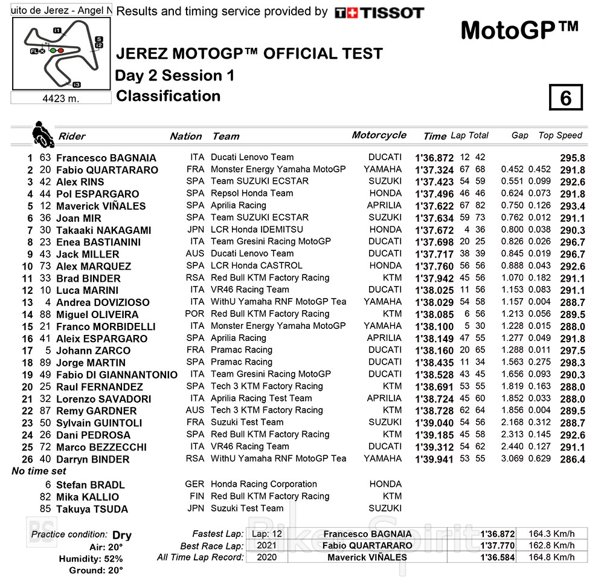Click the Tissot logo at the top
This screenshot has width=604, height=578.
[x=379, y=13]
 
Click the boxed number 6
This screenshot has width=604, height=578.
[x=565, y=98]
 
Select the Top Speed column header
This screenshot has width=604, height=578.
[x=560, y=135]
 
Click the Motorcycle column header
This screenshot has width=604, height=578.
[x=379, y=135]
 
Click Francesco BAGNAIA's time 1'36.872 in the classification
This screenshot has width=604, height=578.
[x=434, y=158]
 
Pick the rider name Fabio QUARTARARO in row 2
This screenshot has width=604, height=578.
[x=107, y=170]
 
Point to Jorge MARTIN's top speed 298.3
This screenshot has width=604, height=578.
[x=572, y=363]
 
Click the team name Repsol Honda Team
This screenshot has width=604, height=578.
[x=252, y=193]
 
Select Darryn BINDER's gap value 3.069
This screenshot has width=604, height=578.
[x=512, y=459]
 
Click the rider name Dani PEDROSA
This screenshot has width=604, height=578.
[x=93, y=435]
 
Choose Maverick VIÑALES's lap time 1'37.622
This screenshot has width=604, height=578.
[x=434, y=206]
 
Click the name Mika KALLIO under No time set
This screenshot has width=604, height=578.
[x=87, y=497]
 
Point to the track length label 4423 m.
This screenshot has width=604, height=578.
[x=60, y=98]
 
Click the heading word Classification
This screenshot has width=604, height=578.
[x=168, y=96]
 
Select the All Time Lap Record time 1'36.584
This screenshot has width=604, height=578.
[x=497, y=557]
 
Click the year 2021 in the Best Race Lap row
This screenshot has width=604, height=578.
[x=266, y=546]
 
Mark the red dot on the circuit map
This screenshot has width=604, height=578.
[x=60, y=50]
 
